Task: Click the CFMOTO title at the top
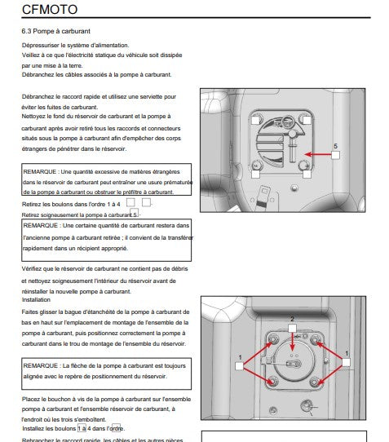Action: click(x=50, y=9)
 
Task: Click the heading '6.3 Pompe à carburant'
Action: click(x=55, y=31)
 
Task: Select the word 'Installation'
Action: click(x=36, y=299)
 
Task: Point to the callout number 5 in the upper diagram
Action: click(x=335, y=146)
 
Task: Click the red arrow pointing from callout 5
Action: click(x=318, y=154)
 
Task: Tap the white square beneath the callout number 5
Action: click(x=335, y=155)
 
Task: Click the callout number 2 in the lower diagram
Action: click(x=292, y=319)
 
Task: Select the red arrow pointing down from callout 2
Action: click(x=292, y=342)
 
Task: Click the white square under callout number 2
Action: click(x=292, y=328)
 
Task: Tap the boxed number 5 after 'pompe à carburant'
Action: click(x=135, y=213)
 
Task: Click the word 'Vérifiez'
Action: click(x=32, y=268)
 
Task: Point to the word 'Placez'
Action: click(x=30, y=399)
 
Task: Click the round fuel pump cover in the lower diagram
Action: click(x=294, y=360)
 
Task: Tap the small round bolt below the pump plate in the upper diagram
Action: click(x=294, y=188)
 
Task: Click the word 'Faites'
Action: click(x=30, y=312)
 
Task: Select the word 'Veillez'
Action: click(x=30, y=55)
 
